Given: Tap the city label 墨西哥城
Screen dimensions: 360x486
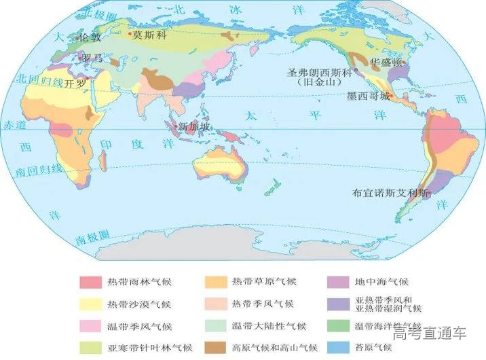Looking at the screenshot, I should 369,96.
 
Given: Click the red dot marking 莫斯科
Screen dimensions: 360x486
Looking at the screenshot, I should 130,33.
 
